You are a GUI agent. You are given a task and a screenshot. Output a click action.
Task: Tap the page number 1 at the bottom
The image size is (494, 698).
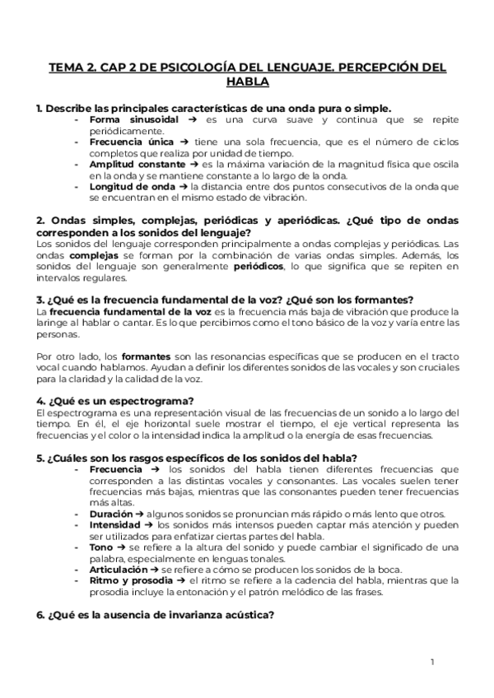(432, 661)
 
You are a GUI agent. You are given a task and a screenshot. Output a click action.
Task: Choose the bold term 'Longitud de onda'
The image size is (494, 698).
(124, 186)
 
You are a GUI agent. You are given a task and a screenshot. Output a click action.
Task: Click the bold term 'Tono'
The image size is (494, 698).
(101, 546)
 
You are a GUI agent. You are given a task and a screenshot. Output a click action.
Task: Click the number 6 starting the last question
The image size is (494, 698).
(40, 614)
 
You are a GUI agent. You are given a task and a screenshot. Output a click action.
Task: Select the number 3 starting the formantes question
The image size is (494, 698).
(40, 299)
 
